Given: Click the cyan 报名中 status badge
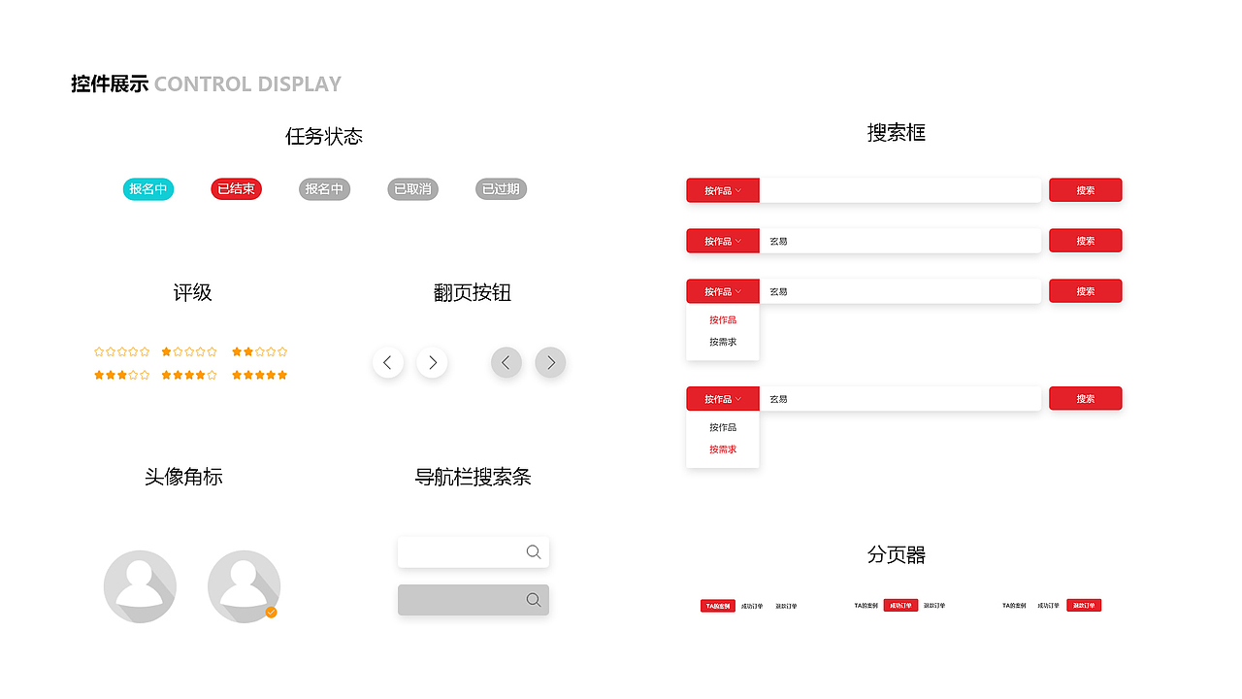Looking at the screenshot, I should (148, 189).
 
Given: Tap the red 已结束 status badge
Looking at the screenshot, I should (236, 189).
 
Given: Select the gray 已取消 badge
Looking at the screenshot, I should (412, 189).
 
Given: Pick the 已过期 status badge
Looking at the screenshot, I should (501, 189).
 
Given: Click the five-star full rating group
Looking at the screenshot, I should (260, 375).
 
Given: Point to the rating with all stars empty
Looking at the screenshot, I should (122, 351).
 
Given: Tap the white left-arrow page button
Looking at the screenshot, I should (388, 363).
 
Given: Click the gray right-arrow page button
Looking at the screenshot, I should (550, 363).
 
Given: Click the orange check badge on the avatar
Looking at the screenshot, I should (272, 612).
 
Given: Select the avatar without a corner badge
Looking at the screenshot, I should (140, 586).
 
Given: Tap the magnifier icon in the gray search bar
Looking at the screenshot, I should (534, 600).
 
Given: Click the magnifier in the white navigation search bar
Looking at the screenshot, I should (534, 552).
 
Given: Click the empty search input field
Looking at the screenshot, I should (899, 190).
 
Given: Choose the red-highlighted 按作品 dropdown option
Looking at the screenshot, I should (723, 320).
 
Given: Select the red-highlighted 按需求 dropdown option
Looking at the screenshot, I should (723, 449).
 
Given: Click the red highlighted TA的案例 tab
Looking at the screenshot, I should (718, 606).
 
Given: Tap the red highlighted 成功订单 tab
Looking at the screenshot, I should (900, 606).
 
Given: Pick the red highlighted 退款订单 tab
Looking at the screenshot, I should (1084, 606).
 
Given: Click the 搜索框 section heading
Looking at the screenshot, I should (896, 133).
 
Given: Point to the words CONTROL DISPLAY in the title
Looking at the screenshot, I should (247, 84).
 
